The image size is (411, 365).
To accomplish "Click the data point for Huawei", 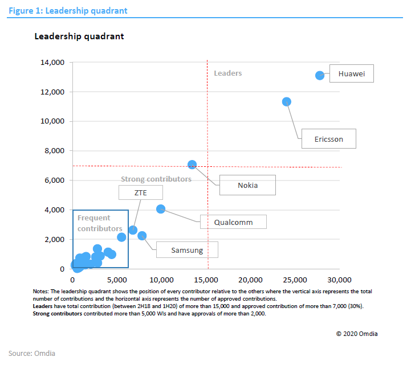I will click(x=320, y=75).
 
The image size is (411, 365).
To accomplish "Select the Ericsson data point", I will click(x=287, y=101).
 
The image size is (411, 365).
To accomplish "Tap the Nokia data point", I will click(x=192, y=165).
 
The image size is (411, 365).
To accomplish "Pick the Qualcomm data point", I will click(x=161, y=209).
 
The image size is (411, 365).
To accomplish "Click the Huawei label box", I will click(x=351, y=74).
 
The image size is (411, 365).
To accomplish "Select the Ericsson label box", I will click(x=328, y=139).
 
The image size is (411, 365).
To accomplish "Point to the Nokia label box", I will click(x=247, y=185).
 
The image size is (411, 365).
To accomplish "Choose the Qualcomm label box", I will click(x=233, y=222).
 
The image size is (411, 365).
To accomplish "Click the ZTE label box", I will click(x=140, y=192).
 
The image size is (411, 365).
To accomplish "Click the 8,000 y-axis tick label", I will click(x=55, y=151).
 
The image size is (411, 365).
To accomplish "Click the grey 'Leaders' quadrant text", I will click(x=227, y=73).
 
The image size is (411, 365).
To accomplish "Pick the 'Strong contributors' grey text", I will click(x=156, y=179).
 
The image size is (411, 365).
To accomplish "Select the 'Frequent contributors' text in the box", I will click(x=99, y=223).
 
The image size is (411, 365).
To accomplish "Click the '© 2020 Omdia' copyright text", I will click(x=356, y=334).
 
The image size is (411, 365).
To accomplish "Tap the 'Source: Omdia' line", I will click(x=32, y=353).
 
